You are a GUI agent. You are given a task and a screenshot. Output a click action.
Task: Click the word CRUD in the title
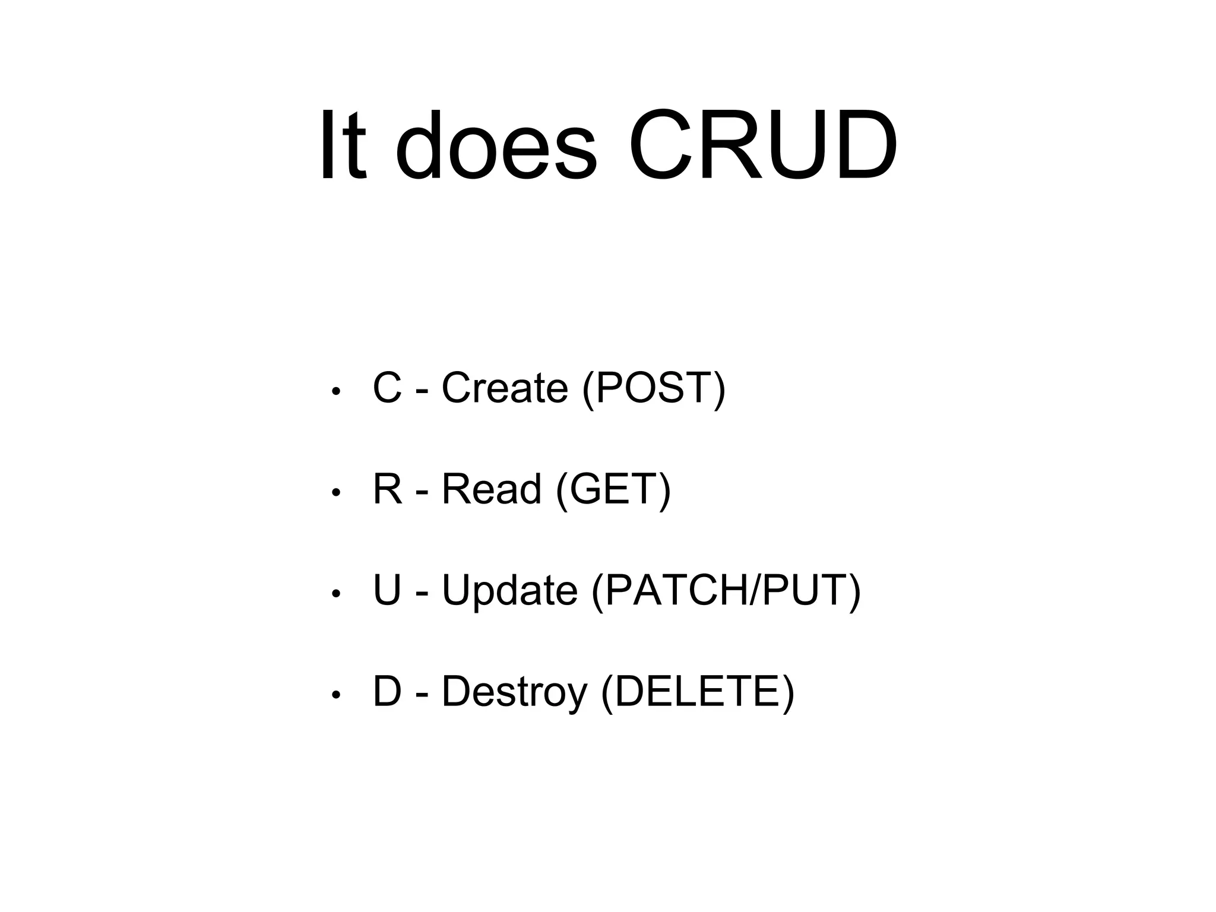763,145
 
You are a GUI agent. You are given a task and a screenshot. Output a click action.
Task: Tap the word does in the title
496,145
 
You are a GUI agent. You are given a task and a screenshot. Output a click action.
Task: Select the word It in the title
343,145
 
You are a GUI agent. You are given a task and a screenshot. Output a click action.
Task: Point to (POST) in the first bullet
654,388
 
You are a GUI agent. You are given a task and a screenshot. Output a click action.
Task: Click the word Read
491,489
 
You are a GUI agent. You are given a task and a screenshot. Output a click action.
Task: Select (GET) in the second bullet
613,490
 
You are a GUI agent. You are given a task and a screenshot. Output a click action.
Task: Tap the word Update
509,591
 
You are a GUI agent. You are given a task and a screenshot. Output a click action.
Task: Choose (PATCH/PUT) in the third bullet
726,591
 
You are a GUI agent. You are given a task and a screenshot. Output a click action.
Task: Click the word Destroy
514,692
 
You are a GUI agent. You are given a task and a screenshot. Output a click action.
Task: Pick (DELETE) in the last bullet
698,692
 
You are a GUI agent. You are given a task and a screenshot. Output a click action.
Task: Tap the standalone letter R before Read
388,489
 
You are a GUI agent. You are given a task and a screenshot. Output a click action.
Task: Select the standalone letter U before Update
387,591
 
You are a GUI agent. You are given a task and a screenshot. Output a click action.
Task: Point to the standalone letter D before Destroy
387,692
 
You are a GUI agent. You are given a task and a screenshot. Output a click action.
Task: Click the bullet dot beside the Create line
335,392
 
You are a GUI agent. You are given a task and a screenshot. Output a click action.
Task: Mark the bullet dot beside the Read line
335,493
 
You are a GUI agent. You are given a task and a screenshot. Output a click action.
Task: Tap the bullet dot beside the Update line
335,594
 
